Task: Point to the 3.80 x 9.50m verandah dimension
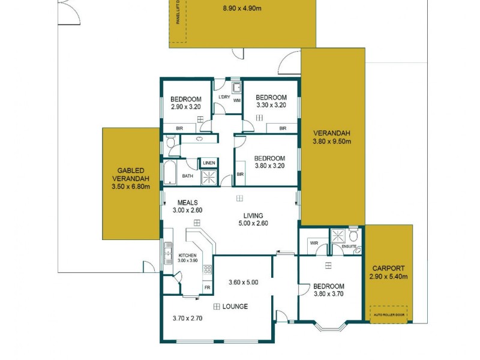[x=331, y=142]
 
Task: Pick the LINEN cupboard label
[x=209, y=163]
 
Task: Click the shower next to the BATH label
[x=209, y=177]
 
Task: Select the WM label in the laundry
[x=236, y=101]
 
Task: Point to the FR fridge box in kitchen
[x=208, y=287]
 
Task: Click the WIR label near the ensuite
[x=313, y=243]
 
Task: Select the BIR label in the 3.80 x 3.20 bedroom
[x=240, y=175]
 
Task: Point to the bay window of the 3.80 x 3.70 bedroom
[x=331, y=328]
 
